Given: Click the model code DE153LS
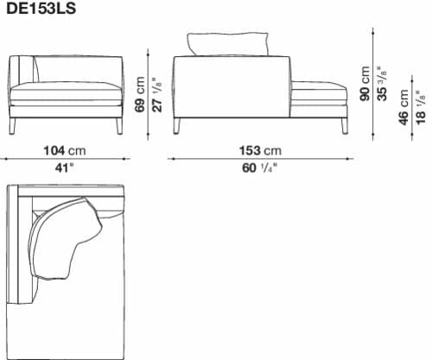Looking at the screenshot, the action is point(41,9).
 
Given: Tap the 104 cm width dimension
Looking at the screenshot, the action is point(65,150).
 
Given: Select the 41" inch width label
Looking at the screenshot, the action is point(65,167).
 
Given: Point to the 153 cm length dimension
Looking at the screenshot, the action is point(260,150).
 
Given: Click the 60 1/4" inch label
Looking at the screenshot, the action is point(259,167).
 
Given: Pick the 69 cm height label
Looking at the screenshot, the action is point(140,94).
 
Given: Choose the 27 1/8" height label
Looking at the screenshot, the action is point(157,94).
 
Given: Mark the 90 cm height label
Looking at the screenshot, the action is point(365,84).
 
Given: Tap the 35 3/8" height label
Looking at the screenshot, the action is point(382,84).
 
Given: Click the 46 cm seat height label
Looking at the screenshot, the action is point(403,107).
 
